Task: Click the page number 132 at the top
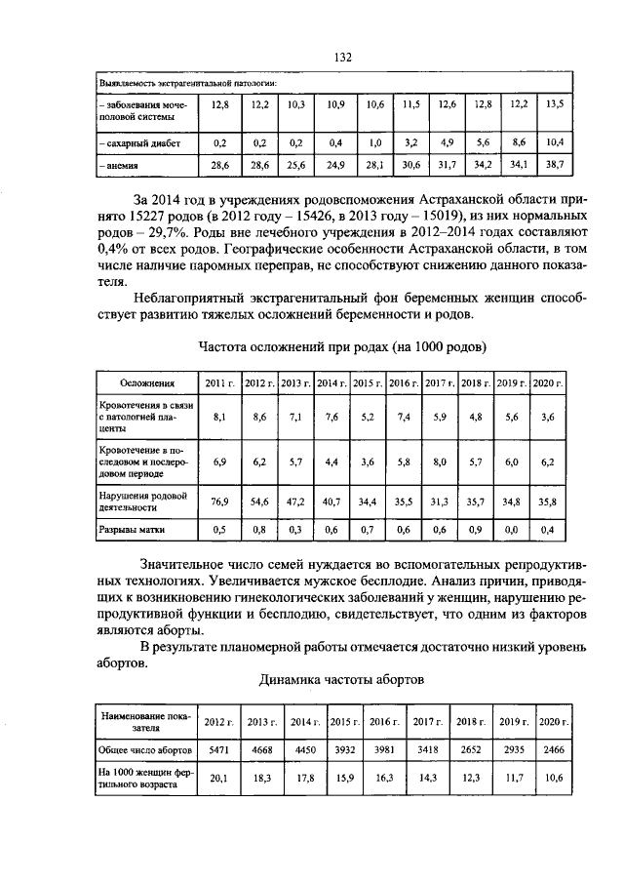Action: coord(342,58)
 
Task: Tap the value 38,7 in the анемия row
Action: coord(554,167)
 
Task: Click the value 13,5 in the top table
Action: coord(554,103)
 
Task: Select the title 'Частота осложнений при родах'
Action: coord(341,346)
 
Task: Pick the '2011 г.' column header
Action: coord(218,383)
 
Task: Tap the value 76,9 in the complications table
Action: coord(218,502)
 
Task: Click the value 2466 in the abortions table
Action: coord(554,751)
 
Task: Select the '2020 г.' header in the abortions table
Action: coord(554,721)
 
